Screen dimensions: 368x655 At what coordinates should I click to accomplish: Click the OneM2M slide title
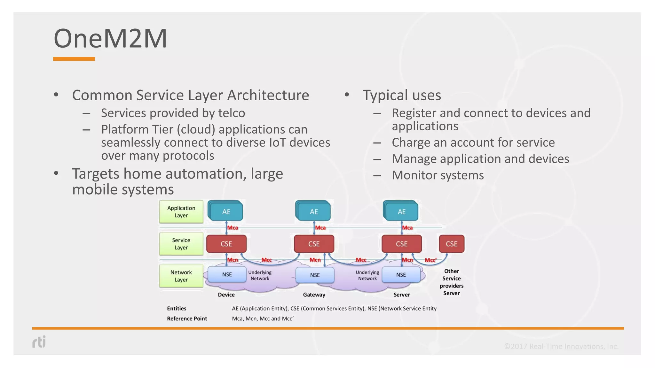[x=110, y=39]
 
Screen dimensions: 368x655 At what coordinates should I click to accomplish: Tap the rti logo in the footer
[x=39, y=342]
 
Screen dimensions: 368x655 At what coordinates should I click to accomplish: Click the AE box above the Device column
[x=226, y=211]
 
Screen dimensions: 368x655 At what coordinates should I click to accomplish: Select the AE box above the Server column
[x=401, y=211]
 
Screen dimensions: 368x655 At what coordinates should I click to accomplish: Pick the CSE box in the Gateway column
[x=314, y=244]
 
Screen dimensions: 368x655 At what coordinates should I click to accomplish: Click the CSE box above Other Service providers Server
[x=451, y=244]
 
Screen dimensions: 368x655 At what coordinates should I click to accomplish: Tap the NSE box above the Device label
[x=227, y=274]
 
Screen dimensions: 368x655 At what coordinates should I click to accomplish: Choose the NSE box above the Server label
[x=401, y=275]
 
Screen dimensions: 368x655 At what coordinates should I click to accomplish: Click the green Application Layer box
[x=181, y=211]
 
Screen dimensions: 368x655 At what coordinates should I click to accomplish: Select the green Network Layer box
[x=181, y=276]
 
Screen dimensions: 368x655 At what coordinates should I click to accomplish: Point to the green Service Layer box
[x=181, y=244]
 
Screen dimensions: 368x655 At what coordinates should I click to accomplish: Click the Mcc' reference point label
[x=430, y=260]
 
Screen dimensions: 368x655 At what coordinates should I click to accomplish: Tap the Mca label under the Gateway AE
[x=320, y=228]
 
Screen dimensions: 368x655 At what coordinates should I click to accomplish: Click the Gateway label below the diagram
[x=314, y=295]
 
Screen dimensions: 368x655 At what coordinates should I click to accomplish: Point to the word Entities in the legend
[x=177, y=308]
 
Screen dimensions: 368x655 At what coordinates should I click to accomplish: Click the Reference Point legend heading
[x=187, y=318]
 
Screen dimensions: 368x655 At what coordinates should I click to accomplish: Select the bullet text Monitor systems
[x=438, y=175]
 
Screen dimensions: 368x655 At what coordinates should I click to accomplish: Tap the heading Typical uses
[x=402, y=95]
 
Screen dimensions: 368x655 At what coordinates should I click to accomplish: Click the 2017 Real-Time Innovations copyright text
[x=561, y=346]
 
